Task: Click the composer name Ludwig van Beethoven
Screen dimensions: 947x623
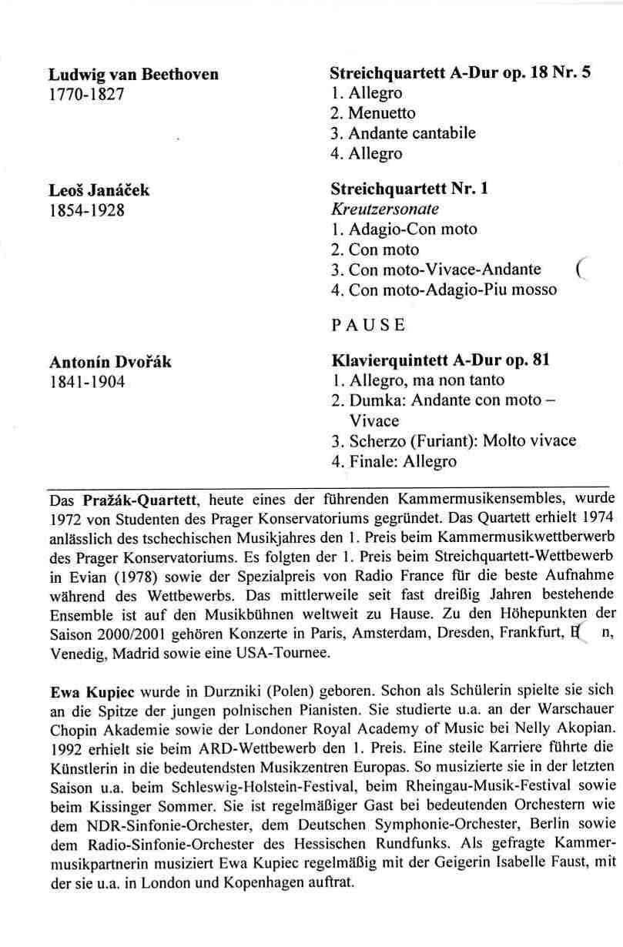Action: (x=133, y=75)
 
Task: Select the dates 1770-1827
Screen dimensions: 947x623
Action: (x=86, y=95)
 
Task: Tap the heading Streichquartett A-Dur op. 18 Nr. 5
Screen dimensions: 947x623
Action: (x=461, y=74)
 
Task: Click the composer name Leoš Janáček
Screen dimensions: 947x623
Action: (x=99, y=189)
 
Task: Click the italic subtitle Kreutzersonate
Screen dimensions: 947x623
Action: (x=384, y=209)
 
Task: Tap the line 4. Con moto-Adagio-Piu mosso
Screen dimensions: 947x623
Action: (x=443, y=290)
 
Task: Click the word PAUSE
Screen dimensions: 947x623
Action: (x=367, y=325)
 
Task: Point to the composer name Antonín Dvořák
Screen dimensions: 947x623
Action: (x=110, y=362)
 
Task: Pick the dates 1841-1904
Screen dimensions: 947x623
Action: (x=86, y=383)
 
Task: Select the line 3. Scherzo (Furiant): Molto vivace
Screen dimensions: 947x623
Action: (x=454, y=441)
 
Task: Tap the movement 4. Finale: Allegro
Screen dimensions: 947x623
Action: (x=394, y=462)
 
